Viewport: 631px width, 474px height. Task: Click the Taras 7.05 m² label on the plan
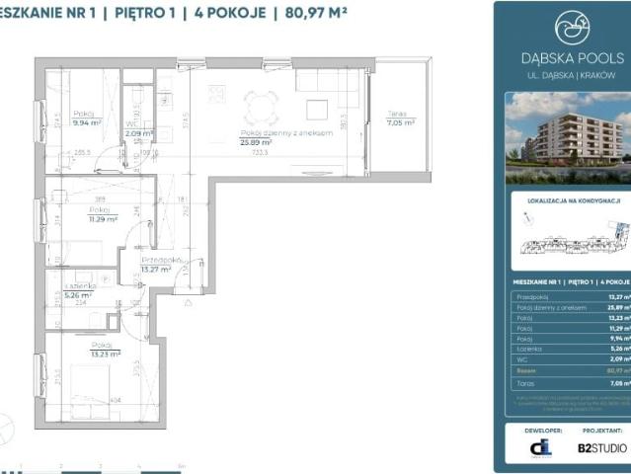[x=400, y=122]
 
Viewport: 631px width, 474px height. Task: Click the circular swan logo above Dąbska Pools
[x=571, y=29]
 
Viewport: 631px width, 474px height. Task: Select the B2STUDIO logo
[x=601, y=447]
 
